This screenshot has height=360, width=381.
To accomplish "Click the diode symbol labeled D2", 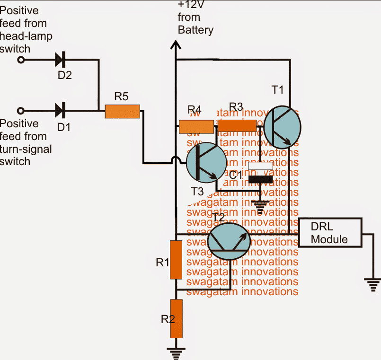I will (60, 60).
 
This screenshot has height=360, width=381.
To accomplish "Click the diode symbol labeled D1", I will (60, 111).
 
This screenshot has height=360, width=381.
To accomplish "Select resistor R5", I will (122, 111).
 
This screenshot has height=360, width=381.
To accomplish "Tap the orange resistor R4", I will (196, 126).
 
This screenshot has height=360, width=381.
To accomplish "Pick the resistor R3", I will (237, 125).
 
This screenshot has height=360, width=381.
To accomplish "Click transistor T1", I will (282, 126).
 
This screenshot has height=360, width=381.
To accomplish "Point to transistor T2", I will (230, 241).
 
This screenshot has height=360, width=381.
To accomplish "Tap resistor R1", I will (176, 260).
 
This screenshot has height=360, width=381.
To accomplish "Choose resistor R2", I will (176, 318).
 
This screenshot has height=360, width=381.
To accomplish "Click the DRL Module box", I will (330, 232).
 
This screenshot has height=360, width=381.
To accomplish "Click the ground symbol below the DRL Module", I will (372, 284).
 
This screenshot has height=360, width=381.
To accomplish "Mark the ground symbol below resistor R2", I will (176, 351).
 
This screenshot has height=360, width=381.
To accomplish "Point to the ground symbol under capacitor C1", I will (260, 204).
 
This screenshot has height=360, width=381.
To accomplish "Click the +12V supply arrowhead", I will (176, 45).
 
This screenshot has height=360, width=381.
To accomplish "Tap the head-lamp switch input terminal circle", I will (20, 60).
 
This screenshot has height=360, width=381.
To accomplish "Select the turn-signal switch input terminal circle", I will (20, 111).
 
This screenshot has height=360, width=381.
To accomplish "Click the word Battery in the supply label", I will (195, 30).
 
